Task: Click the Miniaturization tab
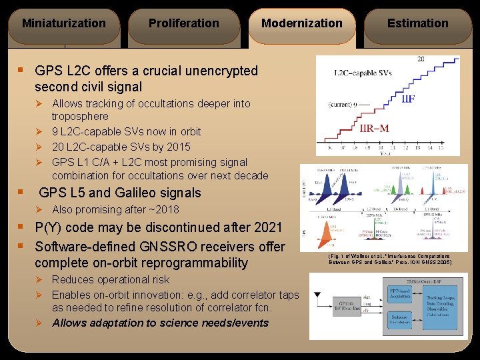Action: (64, 23)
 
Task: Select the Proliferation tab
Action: (183, 23)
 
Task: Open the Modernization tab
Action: (301, 23)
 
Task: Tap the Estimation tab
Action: (418, 23)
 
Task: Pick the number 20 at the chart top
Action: (421, 59)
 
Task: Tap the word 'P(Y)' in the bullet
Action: (51, 227)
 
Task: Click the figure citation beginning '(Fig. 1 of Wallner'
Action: (389, 259)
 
